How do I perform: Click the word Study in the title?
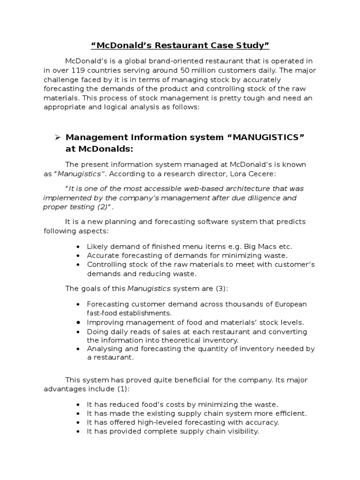252,45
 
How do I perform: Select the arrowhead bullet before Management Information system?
58,137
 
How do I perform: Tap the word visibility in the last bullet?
239,431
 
